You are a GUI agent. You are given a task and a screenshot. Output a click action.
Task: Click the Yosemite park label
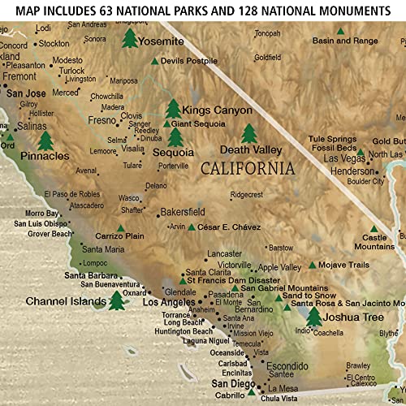[162, 41]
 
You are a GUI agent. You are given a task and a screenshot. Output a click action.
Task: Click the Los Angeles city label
[167, 302]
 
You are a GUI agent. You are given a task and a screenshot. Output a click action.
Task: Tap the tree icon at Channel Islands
[116, 300]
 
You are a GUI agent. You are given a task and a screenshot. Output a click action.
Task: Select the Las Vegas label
[322, 158]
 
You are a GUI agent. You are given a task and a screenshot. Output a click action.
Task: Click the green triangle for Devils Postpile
[155, 61]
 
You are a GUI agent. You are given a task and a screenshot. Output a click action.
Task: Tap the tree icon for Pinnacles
[45, 140]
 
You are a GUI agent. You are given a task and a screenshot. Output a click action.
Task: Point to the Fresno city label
[102, 120]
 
